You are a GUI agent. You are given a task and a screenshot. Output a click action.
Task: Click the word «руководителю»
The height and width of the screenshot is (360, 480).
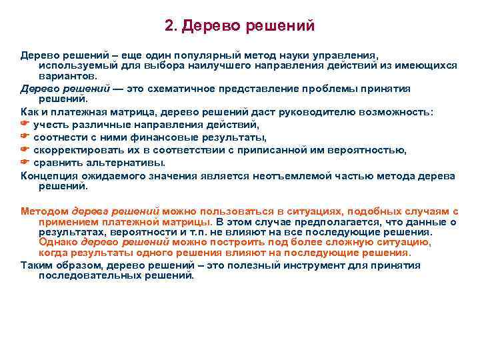(x=313, y=112)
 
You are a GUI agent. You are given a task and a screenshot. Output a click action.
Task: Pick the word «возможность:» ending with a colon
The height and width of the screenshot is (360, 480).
(x=396, y=112)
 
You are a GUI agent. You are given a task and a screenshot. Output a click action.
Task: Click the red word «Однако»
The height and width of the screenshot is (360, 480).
(x=59, y=243)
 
